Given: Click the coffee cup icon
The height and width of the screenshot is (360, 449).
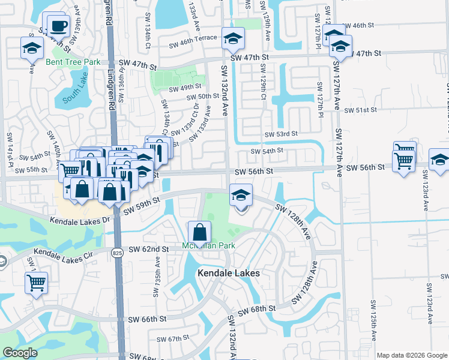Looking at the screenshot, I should tap(58, 26).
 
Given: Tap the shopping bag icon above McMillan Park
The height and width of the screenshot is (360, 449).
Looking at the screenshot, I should tap(199, 232).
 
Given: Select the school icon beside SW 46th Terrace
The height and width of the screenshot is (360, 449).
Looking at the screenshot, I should tap(232, 40).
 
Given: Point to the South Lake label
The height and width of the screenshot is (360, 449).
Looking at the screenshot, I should tap(74, 94).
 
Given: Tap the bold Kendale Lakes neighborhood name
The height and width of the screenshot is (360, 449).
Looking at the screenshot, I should tap(229, 273).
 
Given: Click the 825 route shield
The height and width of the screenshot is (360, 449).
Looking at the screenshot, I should tap(118, 253).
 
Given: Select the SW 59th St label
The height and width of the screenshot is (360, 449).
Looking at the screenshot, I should tap(142, 206).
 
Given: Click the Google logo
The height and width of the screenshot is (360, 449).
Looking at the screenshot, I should tap(20, 353).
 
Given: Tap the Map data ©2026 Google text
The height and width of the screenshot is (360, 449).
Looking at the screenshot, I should tap(412, 355).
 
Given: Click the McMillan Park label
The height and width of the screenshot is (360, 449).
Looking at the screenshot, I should tap(208, 246).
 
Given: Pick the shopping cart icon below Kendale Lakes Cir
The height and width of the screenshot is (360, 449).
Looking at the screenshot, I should tap(36, 282).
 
